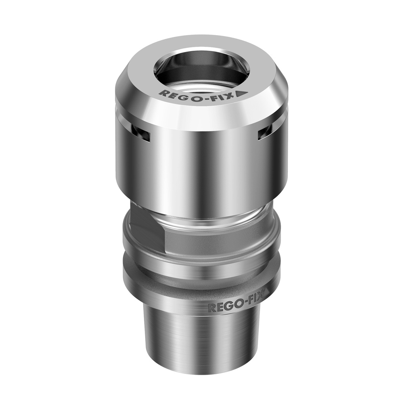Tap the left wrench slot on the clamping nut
(141, 134)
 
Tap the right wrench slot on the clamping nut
(265, 133)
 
